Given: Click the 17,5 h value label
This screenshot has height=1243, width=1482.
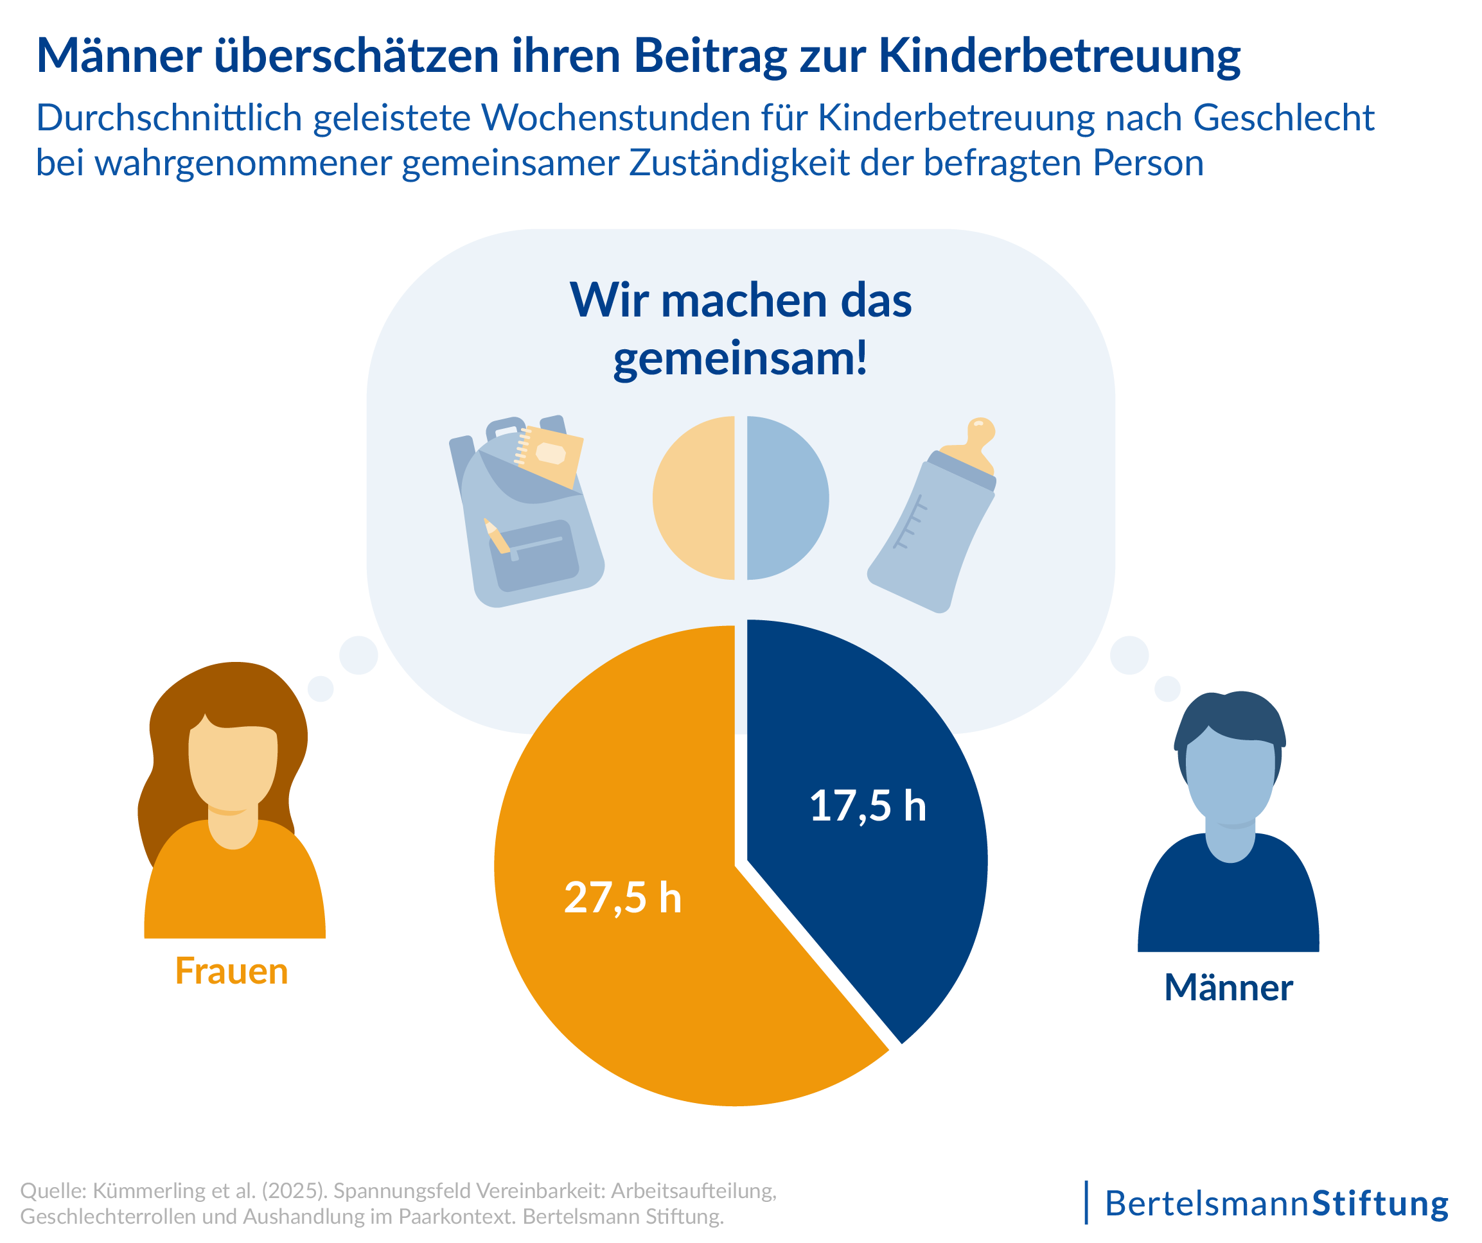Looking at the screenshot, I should pos(867,806).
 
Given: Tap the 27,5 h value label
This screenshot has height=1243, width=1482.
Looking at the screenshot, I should pos(622,898).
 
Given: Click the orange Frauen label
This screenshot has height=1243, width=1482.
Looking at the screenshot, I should pos(231,971).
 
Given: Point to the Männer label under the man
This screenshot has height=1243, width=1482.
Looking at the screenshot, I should pos(1228,987).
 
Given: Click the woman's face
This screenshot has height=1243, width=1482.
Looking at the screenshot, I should pos(233,769).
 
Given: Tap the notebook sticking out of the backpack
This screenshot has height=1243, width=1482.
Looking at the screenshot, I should pos(551,455).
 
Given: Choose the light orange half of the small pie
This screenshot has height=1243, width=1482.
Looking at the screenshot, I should pos(695,498).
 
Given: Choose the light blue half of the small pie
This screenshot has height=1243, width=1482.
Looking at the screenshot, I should pos(786,498).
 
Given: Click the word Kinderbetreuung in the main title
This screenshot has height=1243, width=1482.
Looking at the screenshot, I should pos(1059,55).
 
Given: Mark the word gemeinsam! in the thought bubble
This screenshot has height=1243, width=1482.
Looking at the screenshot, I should pos(739,358).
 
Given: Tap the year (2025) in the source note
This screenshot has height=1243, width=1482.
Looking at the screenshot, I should pos(294,1191).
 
